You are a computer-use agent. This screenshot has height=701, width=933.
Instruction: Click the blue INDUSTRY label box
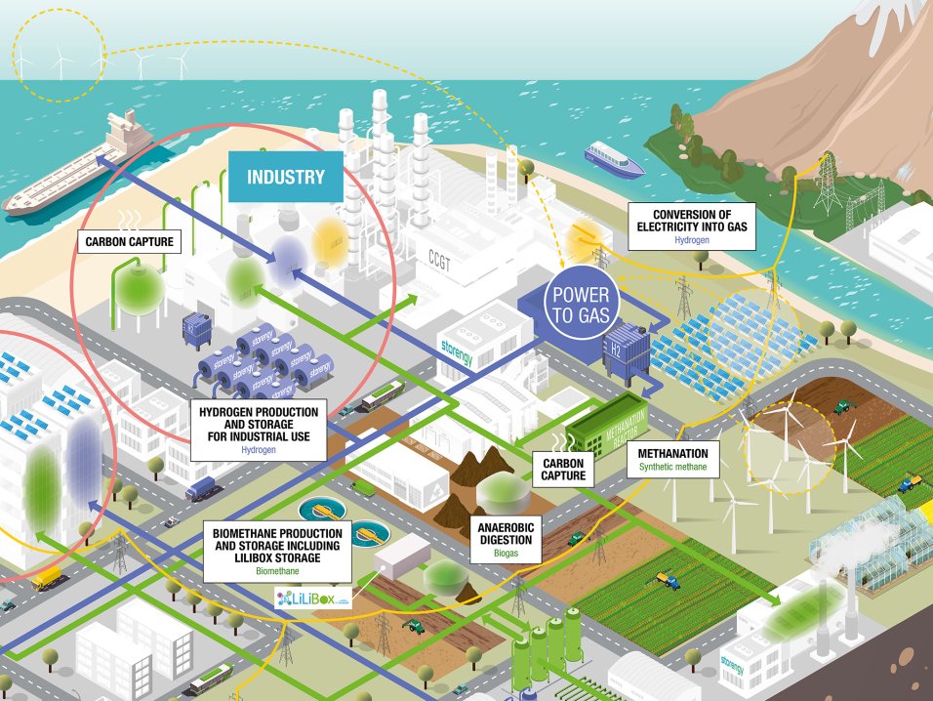pos(285,177)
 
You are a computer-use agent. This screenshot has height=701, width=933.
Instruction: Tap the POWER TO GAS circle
pos(581,301)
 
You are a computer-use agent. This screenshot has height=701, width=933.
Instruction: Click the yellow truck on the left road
pos(46,580)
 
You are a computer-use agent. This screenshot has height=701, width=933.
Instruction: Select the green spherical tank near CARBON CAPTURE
pos(136,288)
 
